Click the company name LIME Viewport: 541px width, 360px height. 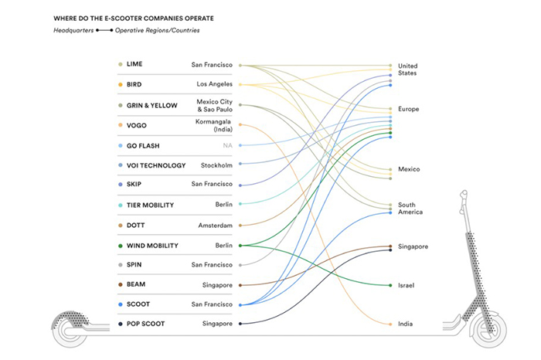tap(134, 64)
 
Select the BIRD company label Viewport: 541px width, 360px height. tap(135, 84)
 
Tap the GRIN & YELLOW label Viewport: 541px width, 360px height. tap(151, 104)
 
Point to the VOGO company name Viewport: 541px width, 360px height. tap(137, 124)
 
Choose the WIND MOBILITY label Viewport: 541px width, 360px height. tap(152, 246)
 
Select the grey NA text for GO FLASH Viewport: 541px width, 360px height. tap(228, 145)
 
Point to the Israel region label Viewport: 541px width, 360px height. tap(407, 286)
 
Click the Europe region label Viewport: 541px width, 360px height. tap(408, 109)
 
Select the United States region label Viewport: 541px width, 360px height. tap(407, 70)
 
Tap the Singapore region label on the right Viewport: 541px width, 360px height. tap(412, 246)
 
